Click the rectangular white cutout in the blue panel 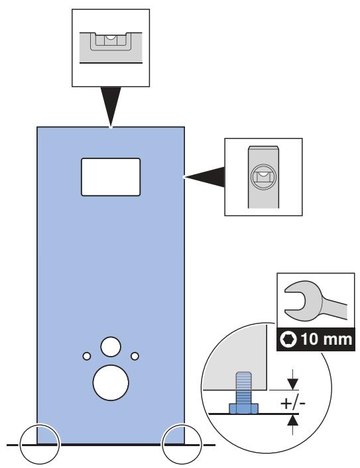point(111,177)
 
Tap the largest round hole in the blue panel point(111,382)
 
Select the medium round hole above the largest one point(111,347)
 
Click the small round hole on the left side point(87,356)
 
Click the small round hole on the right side point(135,356)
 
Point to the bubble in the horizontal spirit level point(111,37)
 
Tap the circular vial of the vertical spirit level point(264,177)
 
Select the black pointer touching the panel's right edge point(204,177)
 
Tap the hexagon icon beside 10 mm point(288,339)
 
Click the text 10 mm point(327,339)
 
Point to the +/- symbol point(293,404)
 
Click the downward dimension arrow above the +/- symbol point(293,379)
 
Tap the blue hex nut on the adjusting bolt point(243,408)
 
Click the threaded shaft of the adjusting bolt point(243,387)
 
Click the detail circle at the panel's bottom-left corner point(40,444)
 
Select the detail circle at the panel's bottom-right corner point(182,444)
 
